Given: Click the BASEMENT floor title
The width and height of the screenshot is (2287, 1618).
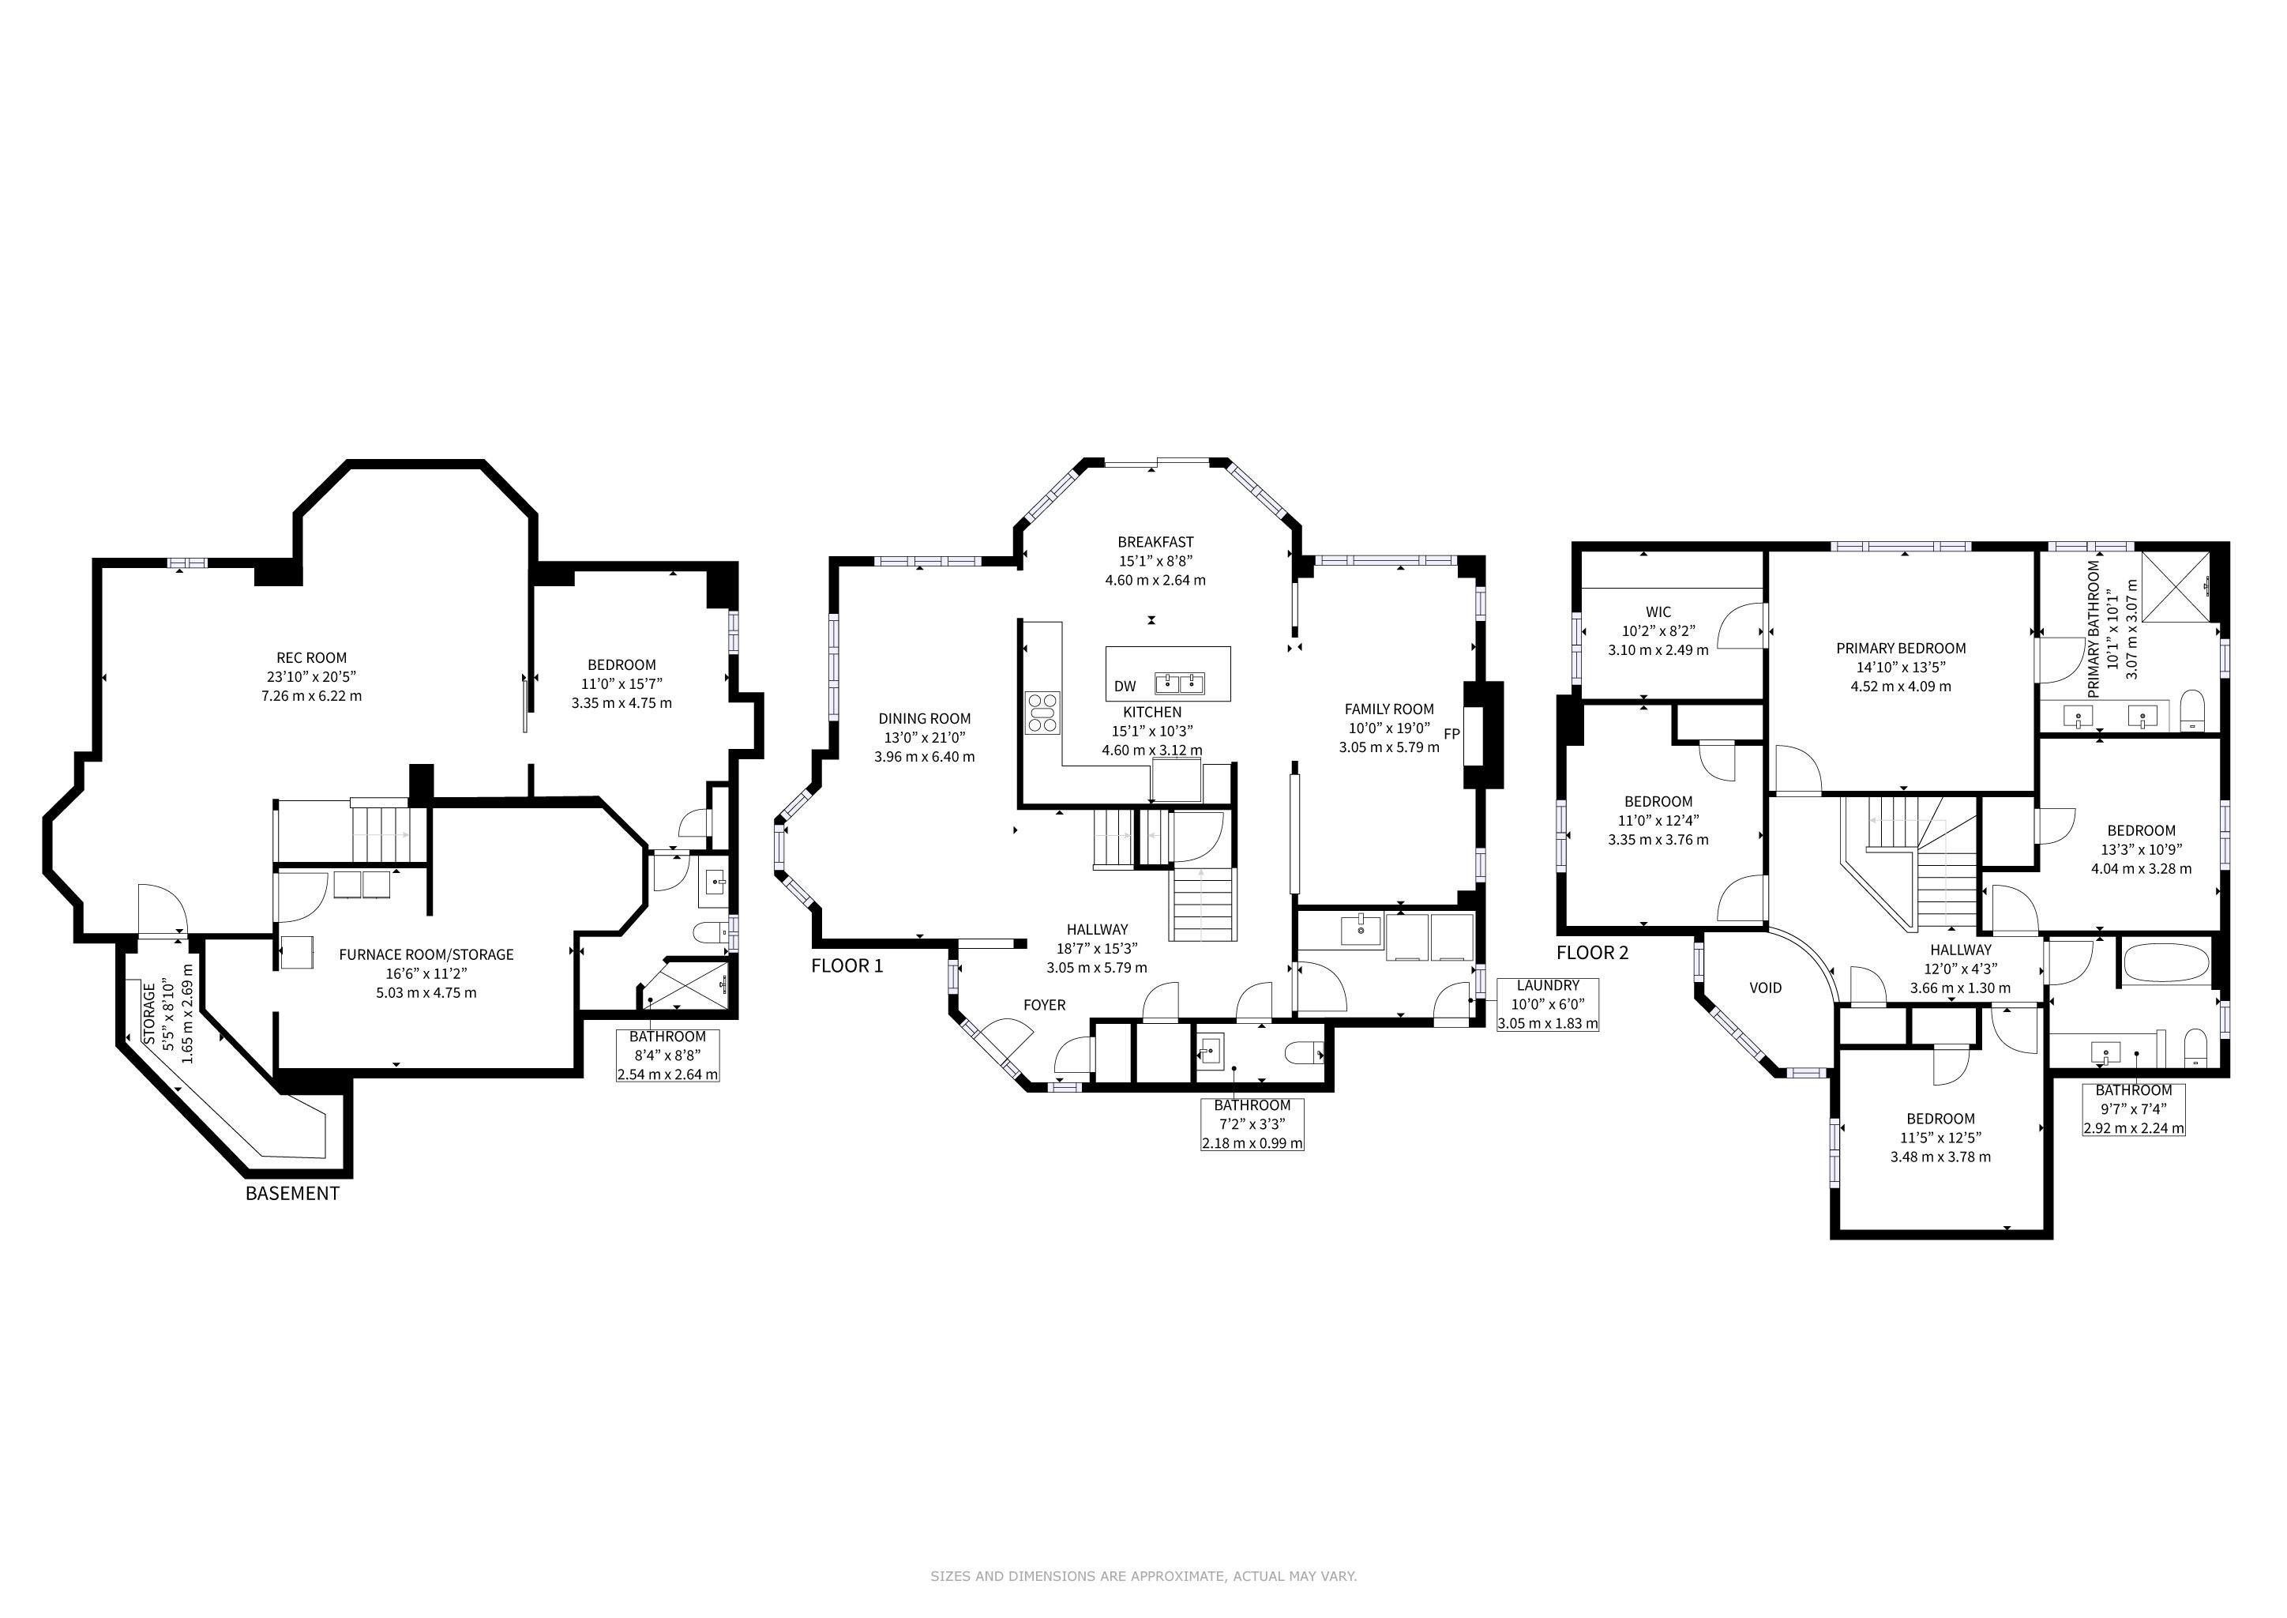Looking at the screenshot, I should pos(292,1193).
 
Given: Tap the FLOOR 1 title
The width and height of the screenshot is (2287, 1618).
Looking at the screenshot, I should pos(847,965).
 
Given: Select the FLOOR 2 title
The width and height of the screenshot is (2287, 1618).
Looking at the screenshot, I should pos(1593,953).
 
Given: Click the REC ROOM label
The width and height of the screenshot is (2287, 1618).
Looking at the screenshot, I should pos(312,657).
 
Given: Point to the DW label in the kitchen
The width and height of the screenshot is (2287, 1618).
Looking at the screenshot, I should pos(1125,687).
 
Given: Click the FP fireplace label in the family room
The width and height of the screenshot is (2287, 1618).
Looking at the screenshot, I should pos(1451,734).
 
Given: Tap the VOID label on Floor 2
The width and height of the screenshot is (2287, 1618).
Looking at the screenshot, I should pos(1765,988).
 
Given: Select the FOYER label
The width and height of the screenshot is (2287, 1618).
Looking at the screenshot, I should pos(1044,1005).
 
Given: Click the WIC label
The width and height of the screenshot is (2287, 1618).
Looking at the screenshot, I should pos(1658,611).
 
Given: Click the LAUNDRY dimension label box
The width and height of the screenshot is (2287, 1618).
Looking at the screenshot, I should pos(1548,1004).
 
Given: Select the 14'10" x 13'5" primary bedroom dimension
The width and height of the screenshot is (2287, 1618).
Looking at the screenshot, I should pos(1901,668).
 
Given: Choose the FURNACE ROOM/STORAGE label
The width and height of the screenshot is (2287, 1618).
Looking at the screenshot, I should pos(426,954).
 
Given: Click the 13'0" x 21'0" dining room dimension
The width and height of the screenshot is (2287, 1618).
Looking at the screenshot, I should pos(925,737).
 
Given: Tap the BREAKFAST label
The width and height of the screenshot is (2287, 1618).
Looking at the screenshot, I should pos(1155,542).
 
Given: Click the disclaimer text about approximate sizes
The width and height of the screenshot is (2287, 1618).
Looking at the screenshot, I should pos(1143,1576).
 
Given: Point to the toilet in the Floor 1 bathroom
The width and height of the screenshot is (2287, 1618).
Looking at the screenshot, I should pos(1303,1052).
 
